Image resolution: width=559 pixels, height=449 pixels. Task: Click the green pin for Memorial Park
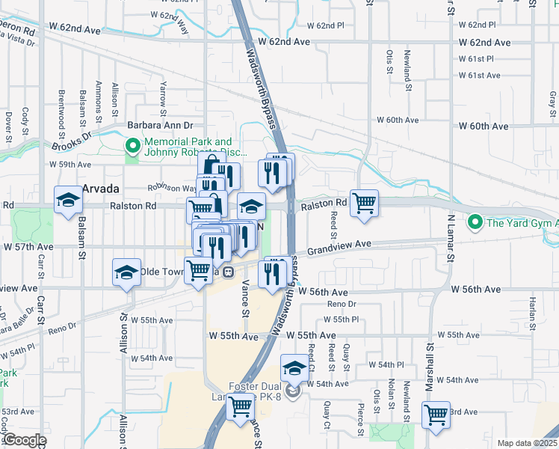pyautogui.click(x=132, y=146)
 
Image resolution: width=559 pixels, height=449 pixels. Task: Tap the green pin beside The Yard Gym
pyautogui.click(x=474, y=222)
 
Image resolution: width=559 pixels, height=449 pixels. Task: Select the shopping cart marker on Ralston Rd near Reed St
pyautogui.click(x=364, y=202)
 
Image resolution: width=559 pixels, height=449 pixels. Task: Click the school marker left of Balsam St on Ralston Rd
pyautogui.click(x=68, y=200)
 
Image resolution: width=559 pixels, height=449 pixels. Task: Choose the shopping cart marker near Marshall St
pyautogui.click(x=436, y=414)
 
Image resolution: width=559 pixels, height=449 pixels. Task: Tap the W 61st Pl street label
pyautogui.click(x=476, y=58)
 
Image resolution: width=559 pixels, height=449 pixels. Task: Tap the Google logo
pyautogui.click(x=24, y=441)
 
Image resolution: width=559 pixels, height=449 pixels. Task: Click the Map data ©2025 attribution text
pyautogui.click(x=527, y=443)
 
